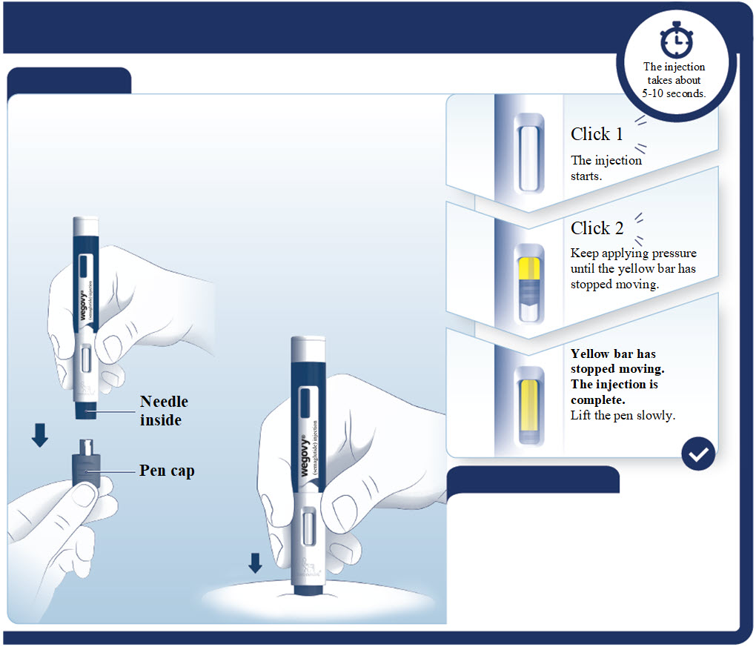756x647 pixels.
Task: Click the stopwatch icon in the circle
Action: (674, 42)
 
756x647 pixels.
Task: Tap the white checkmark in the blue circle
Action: (698, 453)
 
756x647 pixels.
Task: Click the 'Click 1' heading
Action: (597, 134)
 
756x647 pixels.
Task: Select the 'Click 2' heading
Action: (597, 228)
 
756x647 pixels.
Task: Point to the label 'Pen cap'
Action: (167, 471)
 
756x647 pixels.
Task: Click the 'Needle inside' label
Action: (164, 411)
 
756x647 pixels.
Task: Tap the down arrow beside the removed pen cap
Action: (40, 435)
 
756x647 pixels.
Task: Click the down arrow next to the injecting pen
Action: (255, 563)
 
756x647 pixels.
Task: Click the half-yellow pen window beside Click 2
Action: (528, 282)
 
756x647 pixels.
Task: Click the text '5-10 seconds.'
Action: (674, 93)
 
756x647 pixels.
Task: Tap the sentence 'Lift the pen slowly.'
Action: (623, 415)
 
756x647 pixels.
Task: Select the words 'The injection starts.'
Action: (606, 167)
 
